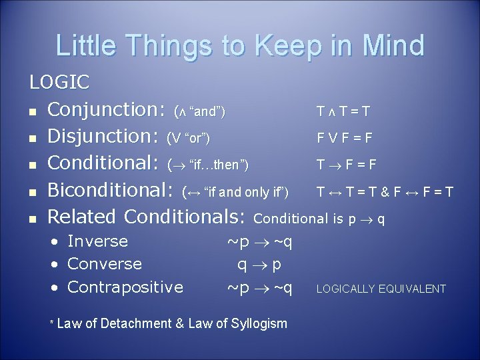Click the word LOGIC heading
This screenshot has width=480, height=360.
(59, 82)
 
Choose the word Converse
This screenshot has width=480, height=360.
(105, 264)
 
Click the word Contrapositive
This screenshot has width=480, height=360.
(125, 287)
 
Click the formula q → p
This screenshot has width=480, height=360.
(259, 264)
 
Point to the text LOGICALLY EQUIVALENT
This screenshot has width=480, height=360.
(381, 289)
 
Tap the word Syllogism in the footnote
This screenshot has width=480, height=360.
(259, 324)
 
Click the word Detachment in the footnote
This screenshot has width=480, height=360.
(137, 324)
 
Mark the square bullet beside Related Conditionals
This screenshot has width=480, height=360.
(33, 218)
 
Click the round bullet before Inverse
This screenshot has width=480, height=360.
(55, 241)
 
